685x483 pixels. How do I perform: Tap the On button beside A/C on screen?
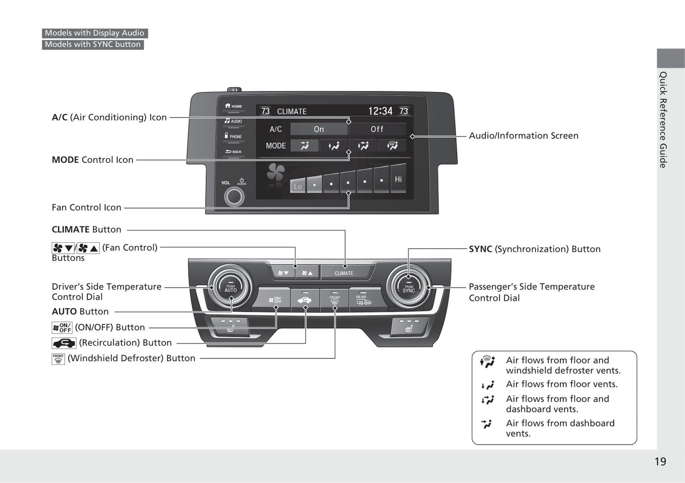click(x=319, y=129)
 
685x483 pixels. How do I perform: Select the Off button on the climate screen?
click(x=377, y=129)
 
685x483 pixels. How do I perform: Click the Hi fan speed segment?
click(x=398, y=179)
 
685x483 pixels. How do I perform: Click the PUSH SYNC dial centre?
click(x=409, y=288)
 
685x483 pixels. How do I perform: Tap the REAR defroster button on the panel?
click(x=363, y=300)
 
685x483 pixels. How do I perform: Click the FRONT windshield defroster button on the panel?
click(x=335, y=300)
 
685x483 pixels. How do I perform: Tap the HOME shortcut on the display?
click(x=234, y=107)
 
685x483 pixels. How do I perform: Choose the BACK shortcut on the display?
click(x=234, y=152)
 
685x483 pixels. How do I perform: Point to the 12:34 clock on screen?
click(x=380, y=111)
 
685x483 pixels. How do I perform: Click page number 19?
click(x=660, y=462)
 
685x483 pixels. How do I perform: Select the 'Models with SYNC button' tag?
click(x=93, y=45)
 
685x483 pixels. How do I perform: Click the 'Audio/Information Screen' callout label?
click(x=523, y=136)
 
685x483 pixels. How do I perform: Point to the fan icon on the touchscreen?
click(x=275, y=173)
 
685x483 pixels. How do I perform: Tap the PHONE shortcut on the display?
click(x=234, y=137)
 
